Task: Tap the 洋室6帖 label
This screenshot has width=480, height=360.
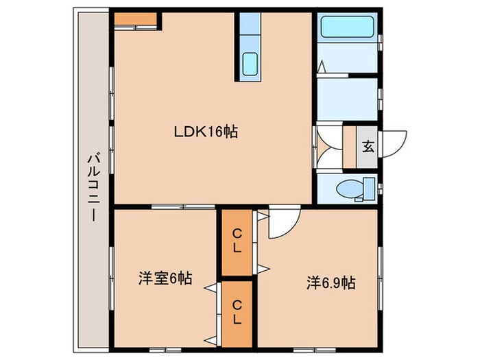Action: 165,278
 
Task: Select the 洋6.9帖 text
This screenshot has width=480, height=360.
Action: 331,282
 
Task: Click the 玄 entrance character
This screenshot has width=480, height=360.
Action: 368,145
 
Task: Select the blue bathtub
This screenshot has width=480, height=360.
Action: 347,27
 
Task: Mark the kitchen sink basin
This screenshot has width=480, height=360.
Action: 250,64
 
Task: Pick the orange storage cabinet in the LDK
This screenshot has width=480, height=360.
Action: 136,20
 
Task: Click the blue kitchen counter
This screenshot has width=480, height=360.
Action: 250,45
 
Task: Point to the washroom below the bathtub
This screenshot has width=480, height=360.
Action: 347,98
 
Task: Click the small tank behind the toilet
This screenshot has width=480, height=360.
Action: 369,187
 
